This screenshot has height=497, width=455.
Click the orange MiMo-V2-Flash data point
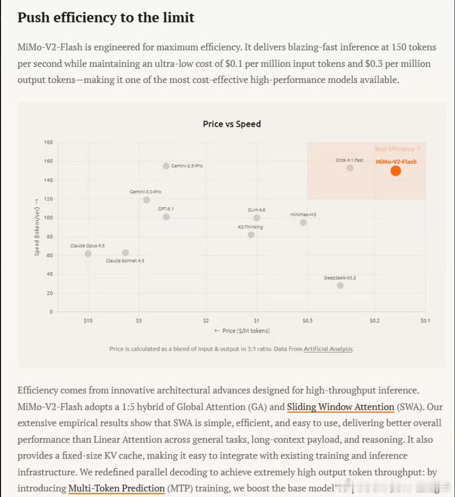[x=396, y=171]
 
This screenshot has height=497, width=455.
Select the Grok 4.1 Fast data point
[x=350, y=168]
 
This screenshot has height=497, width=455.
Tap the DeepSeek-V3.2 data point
[x=340, y=285]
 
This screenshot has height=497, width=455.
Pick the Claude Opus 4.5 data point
[x=88, y=254]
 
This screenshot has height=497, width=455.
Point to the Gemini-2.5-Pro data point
[x=166, y=166]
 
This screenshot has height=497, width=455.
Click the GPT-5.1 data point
[x=166, y=217]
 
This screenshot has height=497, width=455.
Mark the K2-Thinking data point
[x=251, y=235]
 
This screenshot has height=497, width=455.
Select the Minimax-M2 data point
[x=303, y=222]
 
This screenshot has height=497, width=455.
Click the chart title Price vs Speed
[x=232, y=124]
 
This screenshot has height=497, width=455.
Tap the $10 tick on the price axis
[x=88, y=320]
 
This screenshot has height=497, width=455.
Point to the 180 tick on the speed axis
[x=48, y=142]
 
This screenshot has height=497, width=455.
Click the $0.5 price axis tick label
[x=307, y=320]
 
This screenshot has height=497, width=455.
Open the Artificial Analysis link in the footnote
[x=328, y=349]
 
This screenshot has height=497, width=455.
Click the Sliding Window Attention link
[x=341, y=407]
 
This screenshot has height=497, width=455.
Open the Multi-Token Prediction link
[x=116, y=488]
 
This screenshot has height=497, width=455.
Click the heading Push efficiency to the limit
[x=106, y=18]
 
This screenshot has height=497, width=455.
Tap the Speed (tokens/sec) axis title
[x=37, y=227]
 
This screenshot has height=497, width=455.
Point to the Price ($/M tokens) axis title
[x=242, y=331]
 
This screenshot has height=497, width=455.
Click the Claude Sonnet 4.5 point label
[x=125, y=260]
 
